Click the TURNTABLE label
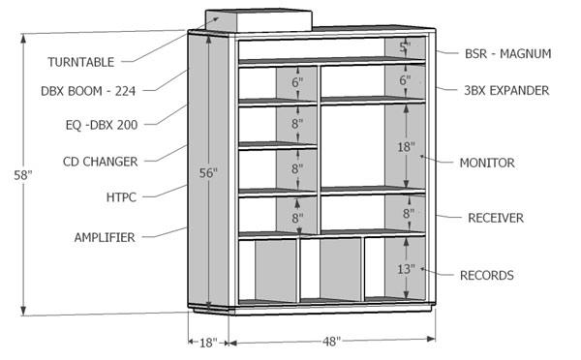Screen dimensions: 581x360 coord(81,62)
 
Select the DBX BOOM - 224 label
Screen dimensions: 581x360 coord(87,91)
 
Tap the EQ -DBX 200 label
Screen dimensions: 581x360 coord(96,125)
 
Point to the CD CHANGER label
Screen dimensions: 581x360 coord(100,161)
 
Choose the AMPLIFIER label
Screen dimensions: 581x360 coord(104,236)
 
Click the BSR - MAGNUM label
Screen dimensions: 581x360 coord(507,54)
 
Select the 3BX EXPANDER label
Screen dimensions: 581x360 coord(506,90)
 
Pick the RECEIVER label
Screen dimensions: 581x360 coord(495,218)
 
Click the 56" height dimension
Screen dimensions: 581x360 coord(208,173)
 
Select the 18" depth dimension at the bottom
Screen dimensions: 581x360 coord(206,342)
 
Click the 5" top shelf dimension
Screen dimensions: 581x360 coord(405,47)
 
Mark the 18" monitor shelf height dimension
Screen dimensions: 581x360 coord(405,148)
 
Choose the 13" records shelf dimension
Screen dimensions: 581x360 coord(405,268)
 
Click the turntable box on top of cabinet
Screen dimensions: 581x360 coord(257,21)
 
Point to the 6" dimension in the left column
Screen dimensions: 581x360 coord(296,83)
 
